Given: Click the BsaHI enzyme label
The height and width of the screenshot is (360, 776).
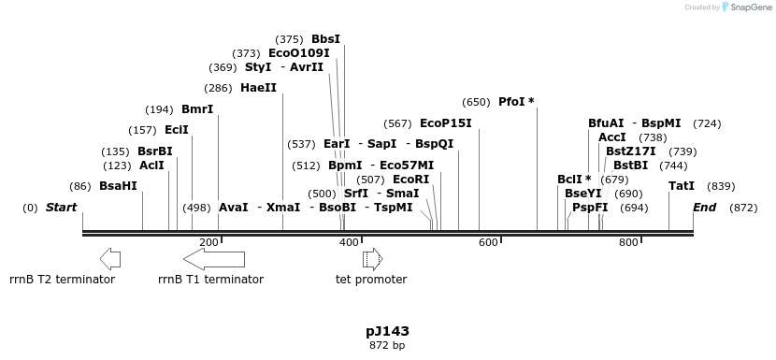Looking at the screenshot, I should click(118, 186).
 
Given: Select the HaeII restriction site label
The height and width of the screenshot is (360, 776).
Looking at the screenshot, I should click(258, 88).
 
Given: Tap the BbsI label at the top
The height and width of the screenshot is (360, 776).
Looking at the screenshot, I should click(325, 39).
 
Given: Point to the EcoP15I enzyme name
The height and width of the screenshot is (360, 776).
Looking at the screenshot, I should click(445, 123).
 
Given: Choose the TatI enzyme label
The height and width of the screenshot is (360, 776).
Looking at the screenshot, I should click(682, 186).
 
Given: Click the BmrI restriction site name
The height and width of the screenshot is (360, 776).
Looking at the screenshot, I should click(197, 109).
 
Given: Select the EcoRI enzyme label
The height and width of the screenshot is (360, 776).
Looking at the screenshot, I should click(410, 180).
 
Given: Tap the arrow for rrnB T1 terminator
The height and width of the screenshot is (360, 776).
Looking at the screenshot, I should click(214, 259).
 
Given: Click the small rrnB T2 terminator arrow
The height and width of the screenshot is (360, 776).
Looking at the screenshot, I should click(109, 259).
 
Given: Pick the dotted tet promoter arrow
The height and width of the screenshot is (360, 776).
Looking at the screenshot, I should click(372, 259).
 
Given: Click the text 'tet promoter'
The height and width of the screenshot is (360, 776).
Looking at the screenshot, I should click(371, 279).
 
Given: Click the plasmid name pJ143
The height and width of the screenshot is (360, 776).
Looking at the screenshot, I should click(387, 331).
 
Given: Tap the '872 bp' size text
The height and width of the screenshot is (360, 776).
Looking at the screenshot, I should click(387, 345).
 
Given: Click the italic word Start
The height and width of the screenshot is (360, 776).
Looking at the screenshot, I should click(61, 208).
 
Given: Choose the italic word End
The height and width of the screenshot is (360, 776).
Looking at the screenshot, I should click(704, 208).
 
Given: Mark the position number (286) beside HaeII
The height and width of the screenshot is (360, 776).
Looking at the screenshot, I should click(218, 88).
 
